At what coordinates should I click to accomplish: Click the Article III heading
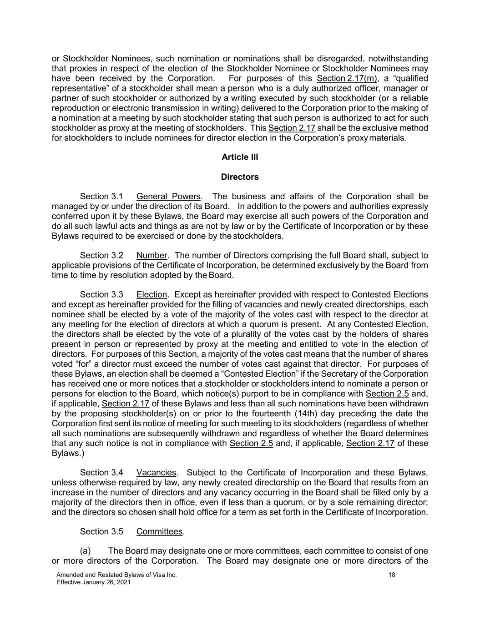pos(240,157)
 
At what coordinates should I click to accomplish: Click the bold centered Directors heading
pos(240,177)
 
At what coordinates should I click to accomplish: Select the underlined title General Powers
pos(168,197)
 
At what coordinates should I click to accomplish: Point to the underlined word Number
pos(152,256)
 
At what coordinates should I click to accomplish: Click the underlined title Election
pos(152,295)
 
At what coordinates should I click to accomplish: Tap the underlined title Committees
pos(159,531)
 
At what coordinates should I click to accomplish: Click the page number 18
pos(392,575)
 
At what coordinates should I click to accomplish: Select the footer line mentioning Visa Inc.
pos(116,575)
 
